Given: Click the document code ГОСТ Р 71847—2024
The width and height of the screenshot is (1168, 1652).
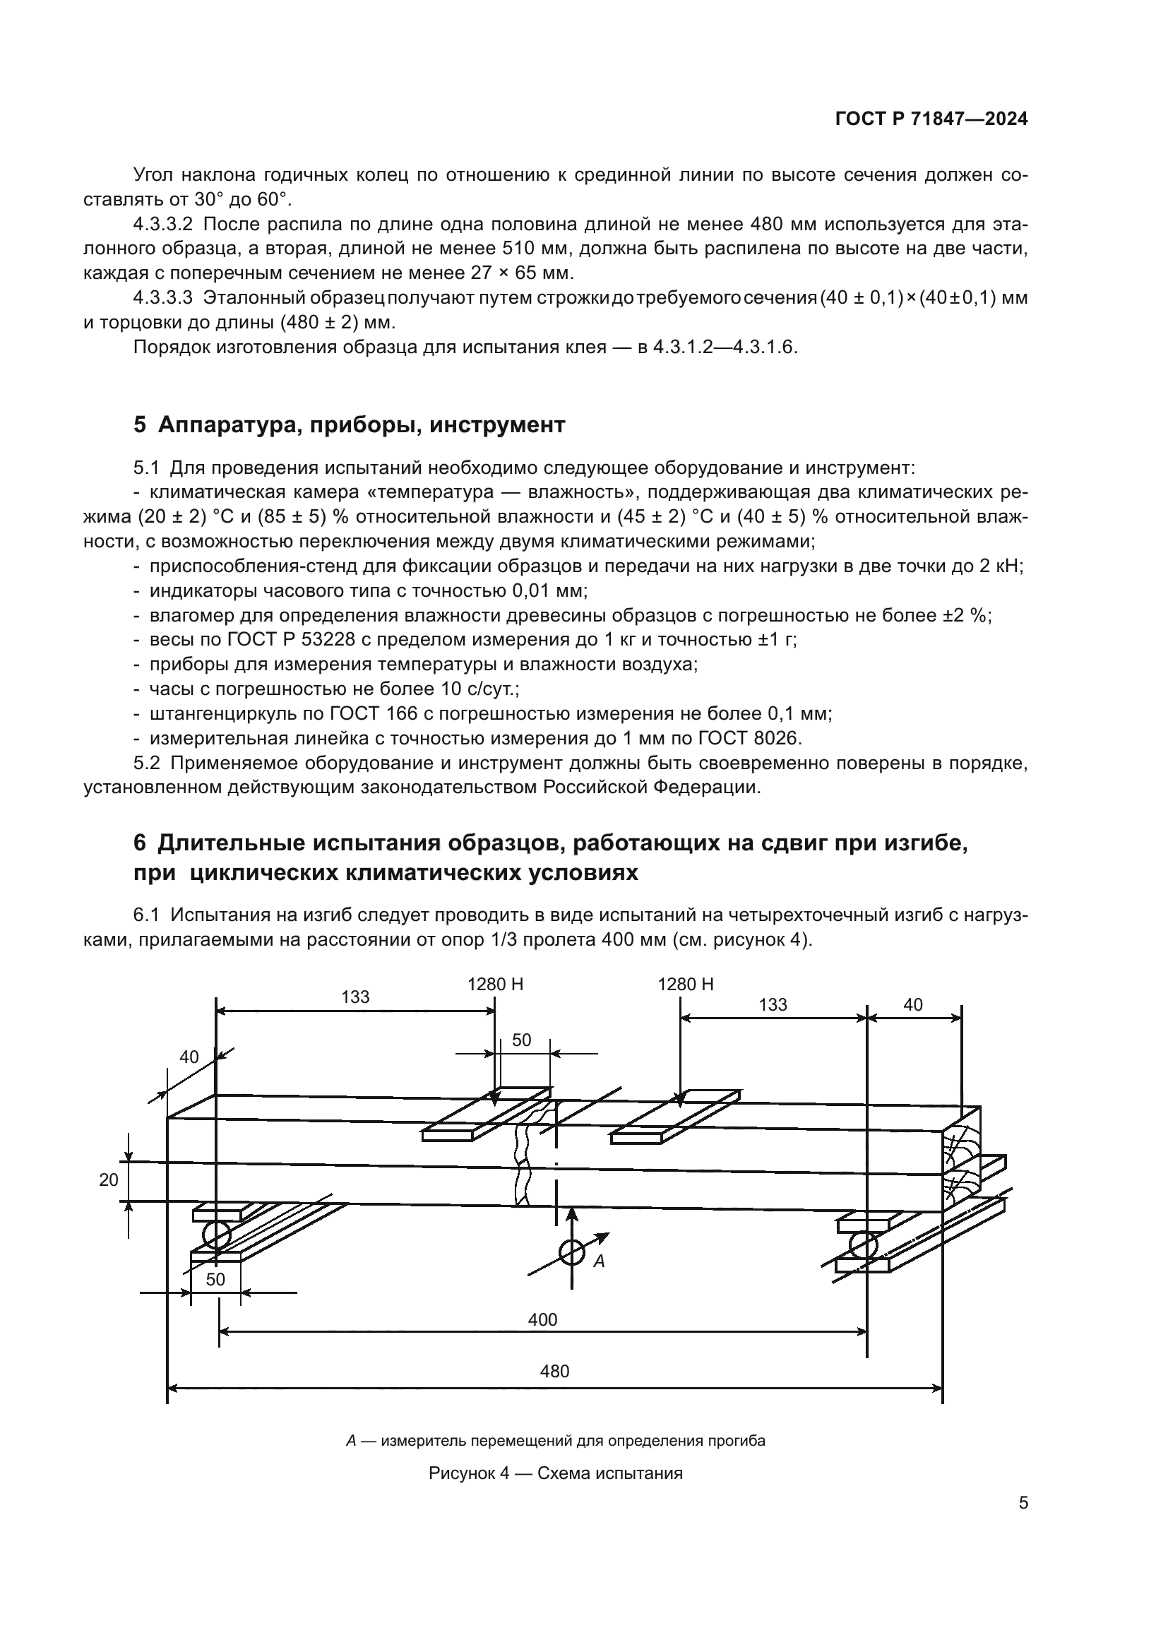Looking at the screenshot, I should click(x=931, y=119).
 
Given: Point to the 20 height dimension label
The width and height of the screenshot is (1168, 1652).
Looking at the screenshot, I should click(x=109, y=1180).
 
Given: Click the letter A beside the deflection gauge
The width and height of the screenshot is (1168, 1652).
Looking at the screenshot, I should click(x=598, y=1261).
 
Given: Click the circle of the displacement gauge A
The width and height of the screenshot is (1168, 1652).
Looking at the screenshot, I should click(x=572, y=1252).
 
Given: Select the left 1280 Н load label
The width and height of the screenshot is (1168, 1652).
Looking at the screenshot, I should click(x=496, y=985).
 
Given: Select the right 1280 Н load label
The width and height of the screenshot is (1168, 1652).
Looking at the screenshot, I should click(x=686, y=985).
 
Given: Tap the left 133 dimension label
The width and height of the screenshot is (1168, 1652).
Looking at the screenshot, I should click(x=355, y=997).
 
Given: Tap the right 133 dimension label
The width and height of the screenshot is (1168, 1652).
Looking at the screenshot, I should click(x=773, y=1004).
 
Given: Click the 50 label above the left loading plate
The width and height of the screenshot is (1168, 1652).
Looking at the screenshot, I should click(x=521, y=1040).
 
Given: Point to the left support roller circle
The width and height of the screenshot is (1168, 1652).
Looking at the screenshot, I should click(x=216, y=1235).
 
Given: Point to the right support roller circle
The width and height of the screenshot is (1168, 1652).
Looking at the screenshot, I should click(x=863, y=1245).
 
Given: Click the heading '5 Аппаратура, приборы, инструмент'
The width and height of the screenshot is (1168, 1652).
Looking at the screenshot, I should click(x=349, y=424).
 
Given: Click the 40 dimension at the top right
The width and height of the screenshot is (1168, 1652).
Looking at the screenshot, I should click(x=912, y=1004).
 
